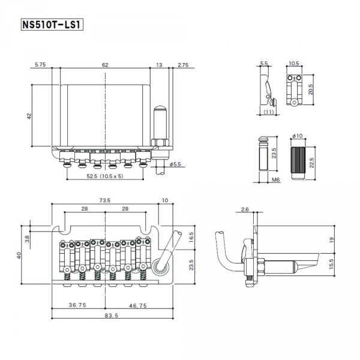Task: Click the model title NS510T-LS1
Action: coord(52,25)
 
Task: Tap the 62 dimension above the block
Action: coord(105,65)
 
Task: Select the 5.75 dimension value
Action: coord(40,65)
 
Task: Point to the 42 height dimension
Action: coord(29,116)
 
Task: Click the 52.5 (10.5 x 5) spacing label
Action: coord(105,176)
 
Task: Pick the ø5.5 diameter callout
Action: coord(175,164)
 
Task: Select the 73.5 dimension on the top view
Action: coord(104,200)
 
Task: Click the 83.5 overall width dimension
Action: coord(112,316)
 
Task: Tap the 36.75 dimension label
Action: coord(77,305)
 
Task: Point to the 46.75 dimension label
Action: coord(138,305)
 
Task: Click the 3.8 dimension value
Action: coord(27,239)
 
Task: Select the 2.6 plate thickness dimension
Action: coord(245,209)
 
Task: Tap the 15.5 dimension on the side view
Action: coord(331,264)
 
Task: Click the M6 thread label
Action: coord(276,179)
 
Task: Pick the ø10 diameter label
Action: coord(298,136)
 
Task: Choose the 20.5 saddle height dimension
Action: coord(310,89)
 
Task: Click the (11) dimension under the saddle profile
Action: coord(268,112)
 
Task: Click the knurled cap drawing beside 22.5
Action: coord(298,163)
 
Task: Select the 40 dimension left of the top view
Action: coord(19,256)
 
